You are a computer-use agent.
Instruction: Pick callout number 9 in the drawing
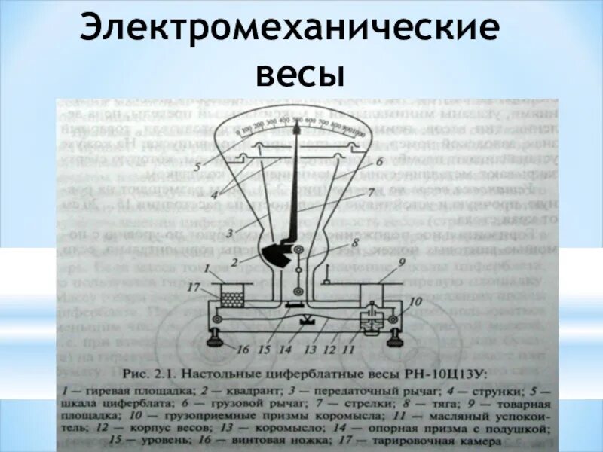pos(402,262)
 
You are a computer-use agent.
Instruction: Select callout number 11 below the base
pos(348,350)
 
